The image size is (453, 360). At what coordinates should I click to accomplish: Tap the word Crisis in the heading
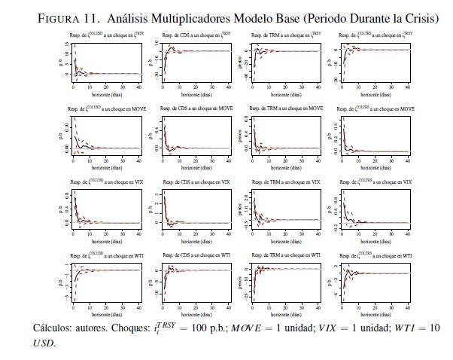420,18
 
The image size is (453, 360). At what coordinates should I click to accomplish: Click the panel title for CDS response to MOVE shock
196,109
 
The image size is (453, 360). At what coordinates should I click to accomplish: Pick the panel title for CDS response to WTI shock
196,256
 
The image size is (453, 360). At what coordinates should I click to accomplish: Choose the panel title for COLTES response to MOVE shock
375,109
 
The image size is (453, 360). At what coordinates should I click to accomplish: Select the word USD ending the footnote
44,343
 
